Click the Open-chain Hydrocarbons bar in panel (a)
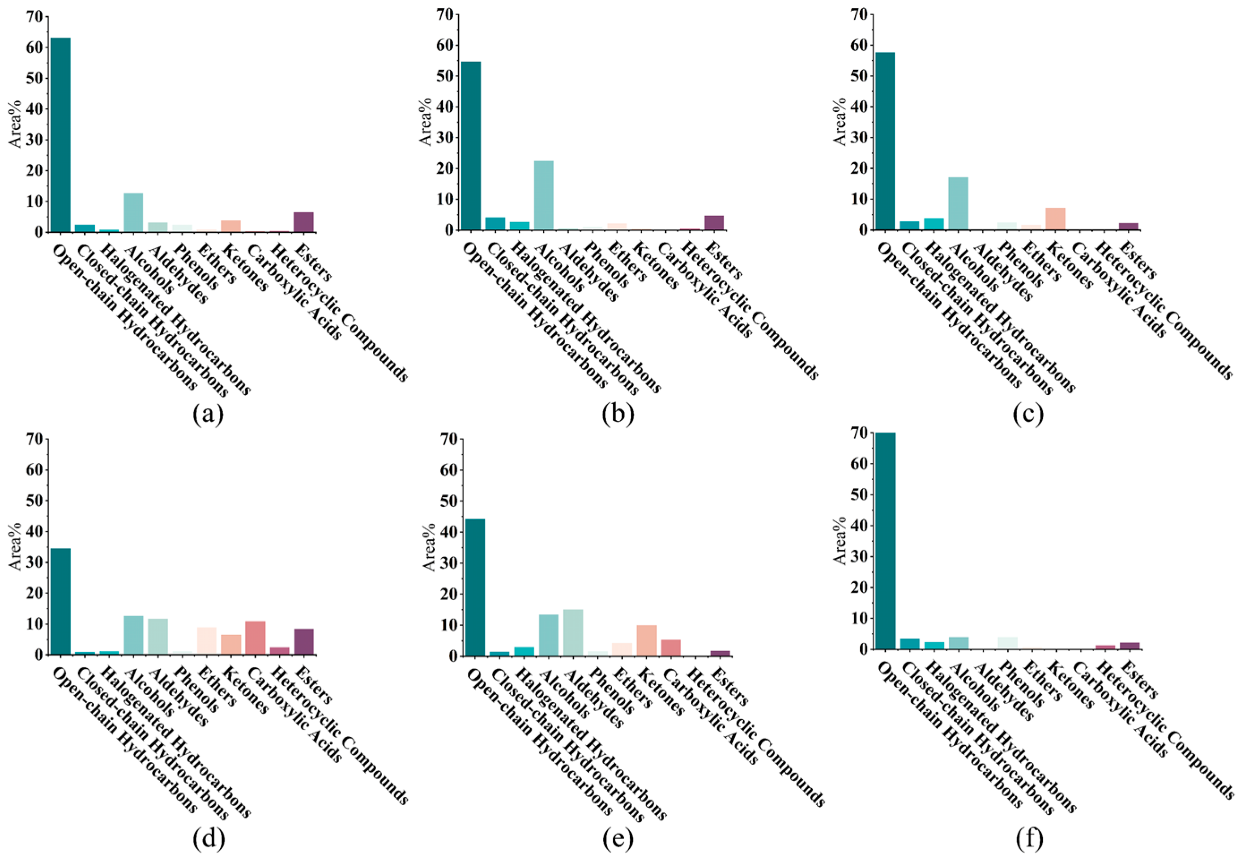click(60, 135)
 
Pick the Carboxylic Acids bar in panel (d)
click(255, 638)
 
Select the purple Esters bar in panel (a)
click(304, 222)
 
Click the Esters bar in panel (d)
click(304, 642)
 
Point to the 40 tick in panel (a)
click(34, 109)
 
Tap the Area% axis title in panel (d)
click(15, 546)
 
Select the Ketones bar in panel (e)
click(647, 641)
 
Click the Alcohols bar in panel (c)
click(958, 204)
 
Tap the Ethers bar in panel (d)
click(206, 641)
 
